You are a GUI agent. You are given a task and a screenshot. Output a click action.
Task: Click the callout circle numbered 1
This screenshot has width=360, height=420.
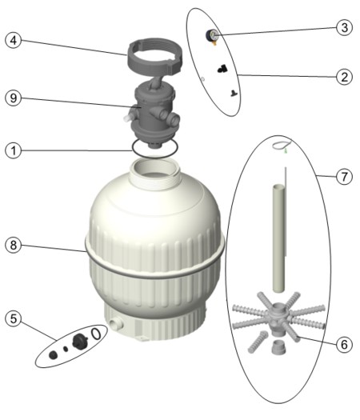click(13, 150)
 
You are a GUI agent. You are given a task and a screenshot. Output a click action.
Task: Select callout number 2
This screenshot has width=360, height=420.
click(344, 77)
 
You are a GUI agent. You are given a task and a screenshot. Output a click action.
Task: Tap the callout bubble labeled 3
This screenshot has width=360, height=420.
click(344, 27)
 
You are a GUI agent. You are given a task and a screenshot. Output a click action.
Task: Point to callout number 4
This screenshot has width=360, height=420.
click(13, 41)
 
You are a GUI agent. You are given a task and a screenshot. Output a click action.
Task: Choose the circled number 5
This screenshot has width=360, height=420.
click(13, 318)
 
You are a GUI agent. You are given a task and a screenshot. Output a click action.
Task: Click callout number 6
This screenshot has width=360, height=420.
click(344, 345)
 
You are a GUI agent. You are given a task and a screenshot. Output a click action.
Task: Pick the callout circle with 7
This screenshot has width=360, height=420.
click(344, 177)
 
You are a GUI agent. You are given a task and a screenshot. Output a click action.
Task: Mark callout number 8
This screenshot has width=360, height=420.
click(13, 245)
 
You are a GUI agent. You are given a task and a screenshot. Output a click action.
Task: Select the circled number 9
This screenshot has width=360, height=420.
click(13, 98)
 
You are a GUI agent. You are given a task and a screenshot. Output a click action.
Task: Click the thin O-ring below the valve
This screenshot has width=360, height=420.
click(154, 155)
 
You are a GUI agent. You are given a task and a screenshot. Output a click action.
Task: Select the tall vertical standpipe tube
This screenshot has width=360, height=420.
click(278, 238)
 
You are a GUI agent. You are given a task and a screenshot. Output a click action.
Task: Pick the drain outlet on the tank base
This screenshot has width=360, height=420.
click(116, 323)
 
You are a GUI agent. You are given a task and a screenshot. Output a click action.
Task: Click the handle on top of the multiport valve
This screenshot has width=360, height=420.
click(156, 82)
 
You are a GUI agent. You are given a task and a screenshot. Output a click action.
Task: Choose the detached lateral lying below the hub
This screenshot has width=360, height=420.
click(258, 342)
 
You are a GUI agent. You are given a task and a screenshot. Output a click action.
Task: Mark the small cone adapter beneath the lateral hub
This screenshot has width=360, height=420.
click(279, 346)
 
